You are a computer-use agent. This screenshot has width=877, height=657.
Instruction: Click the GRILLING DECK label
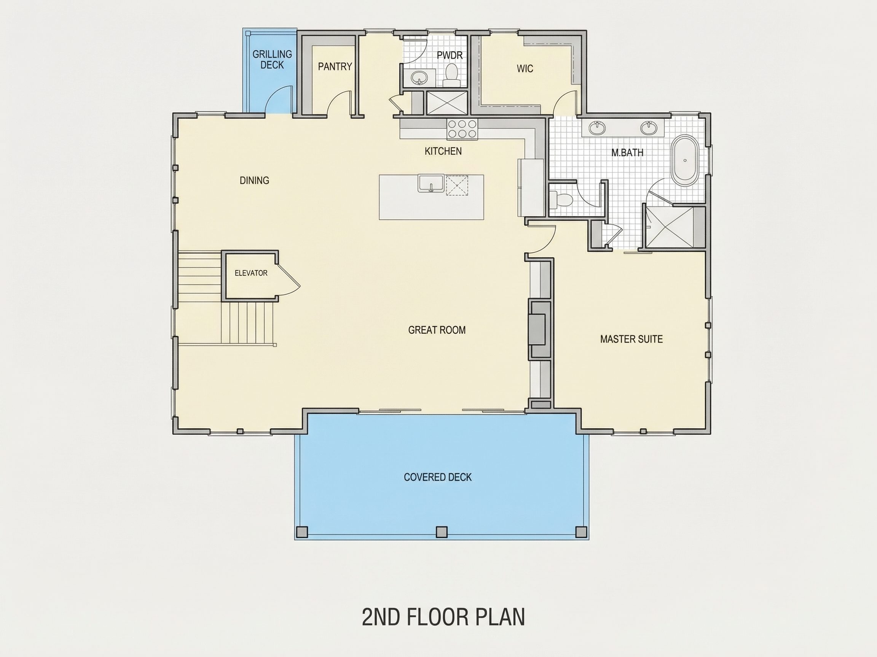(272, 59)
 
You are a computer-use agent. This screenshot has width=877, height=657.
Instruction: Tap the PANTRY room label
(335, 67)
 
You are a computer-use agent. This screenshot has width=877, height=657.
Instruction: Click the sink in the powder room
(418, 78)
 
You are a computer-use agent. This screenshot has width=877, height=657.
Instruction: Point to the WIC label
(525, 68)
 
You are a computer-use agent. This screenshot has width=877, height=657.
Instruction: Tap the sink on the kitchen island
(431, 183)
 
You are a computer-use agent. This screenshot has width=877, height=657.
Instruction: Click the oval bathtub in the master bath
(685, 160)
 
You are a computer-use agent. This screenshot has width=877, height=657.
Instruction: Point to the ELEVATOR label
(251, 273)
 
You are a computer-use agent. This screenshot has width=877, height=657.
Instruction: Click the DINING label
(254, 181)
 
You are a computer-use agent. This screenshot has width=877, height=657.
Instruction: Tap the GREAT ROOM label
(437, 330)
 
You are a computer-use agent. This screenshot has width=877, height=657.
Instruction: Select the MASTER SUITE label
(631, 339)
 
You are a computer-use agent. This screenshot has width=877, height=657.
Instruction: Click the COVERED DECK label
(438, 477)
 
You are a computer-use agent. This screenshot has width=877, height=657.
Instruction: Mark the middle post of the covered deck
(441, 532)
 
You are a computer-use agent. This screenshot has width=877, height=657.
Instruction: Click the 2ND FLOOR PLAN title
(443, 617)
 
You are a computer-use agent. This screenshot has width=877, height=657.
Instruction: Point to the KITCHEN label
(443, 151)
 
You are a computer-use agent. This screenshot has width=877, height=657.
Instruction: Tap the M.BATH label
(627, 152)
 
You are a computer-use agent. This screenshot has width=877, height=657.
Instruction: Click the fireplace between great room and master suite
(539, 330)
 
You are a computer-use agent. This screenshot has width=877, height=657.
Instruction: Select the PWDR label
(450, 55)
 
